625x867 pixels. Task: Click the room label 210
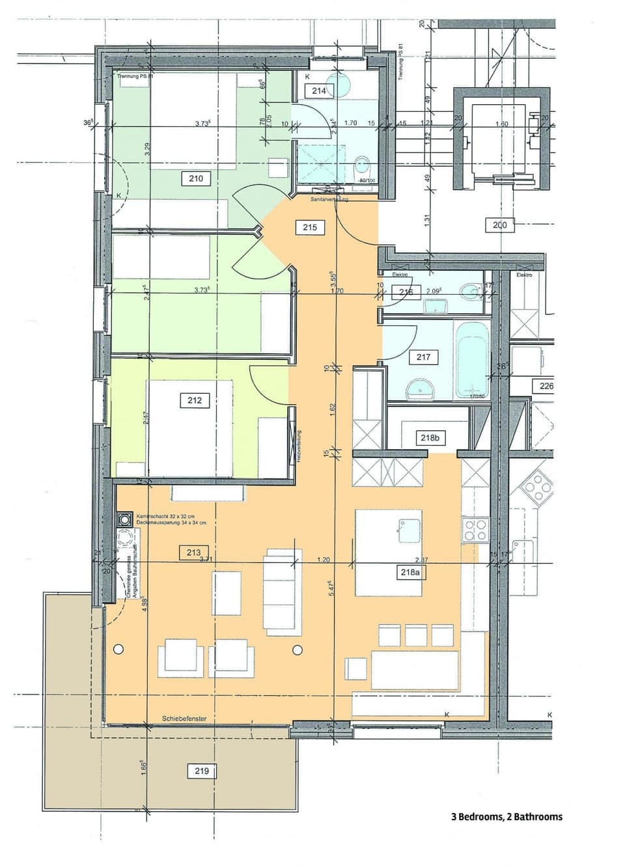tap(195, 178)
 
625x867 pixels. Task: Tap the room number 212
tap(194, 400)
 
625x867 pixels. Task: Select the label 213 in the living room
tap(193, 553)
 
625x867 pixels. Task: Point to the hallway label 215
tap(310, 227)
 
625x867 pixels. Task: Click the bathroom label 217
tap(423, 357)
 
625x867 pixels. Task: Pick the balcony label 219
tap(202, 771)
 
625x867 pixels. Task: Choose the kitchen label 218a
tap(410, 572)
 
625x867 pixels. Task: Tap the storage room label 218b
tap(429, 438)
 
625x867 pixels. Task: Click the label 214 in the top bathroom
tap(318, 90)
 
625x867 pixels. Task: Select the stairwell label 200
tap(499, 225)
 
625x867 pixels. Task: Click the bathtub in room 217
tap(471, 359)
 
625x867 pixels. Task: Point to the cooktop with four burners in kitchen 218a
tap(475, 529)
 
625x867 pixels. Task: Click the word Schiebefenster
tap(184, 719)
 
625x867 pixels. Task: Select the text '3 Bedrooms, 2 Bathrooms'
tap(507, 817)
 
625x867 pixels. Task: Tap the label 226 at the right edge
tap(546, 386)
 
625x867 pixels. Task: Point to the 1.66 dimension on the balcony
tap(143, 765)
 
